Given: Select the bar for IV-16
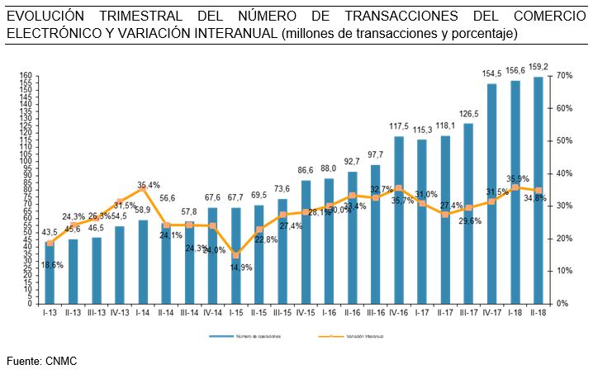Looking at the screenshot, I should click(x=399, y=220).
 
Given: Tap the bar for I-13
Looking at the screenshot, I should click(x=50, y=272).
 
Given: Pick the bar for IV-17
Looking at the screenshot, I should click(x=492, y=193).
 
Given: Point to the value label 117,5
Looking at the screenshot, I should click(x=399, y=127).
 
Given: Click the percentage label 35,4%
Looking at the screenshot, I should click(x=149, y=185).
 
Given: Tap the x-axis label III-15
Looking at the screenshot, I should click(x=282, y=314).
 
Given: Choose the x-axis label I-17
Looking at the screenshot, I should click(x=422, y=314).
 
